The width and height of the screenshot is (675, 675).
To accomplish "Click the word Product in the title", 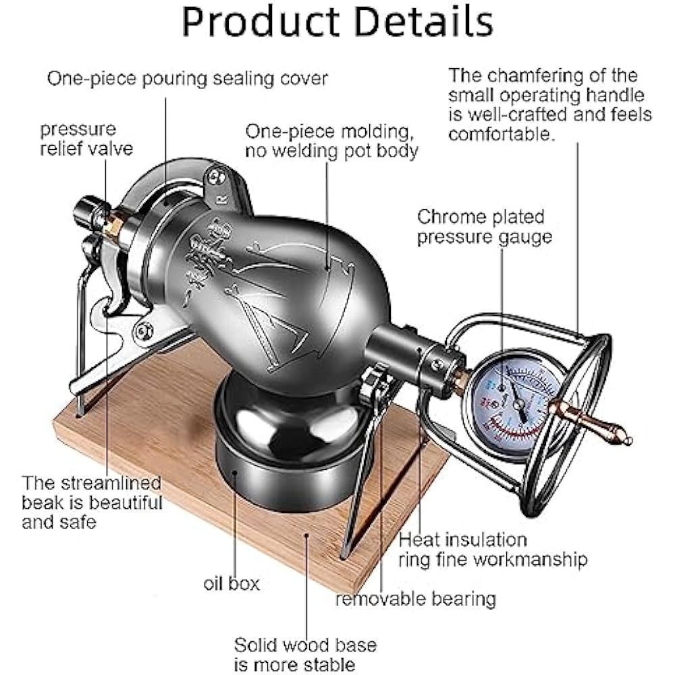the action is [x=263, y=23].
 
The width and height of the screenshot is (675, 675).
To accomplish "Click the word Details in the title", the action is [x=425, y=23].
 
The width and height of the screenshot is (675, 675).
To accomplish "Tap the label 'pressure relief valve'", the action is [x=86, y=138].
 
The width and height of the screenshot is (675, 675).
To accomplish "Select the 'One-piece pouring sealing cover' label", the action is [x=187, y=78].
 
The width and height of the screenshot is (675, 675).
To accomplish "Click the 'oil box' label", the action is [x=232, y=583].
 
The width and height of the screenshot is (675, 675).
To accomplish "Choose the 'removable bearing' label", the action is [x=416, y=598].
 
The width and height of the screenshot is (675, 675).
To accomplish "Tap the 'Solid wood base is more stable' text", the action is [x=305, y=653].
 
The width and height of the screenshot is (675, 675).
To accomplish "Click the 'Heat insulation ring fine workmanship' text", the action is [x=493, y=549].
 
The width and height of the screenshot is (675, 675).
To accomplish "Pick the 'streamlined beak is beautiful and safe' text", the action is [x=92, y=502].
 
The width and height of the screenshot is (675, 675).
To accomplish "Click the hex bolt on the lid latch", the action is [x=143, y=331].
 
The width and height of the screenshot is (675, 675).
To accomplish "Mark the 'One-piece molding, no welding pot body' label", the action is [x=331, y=140].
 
